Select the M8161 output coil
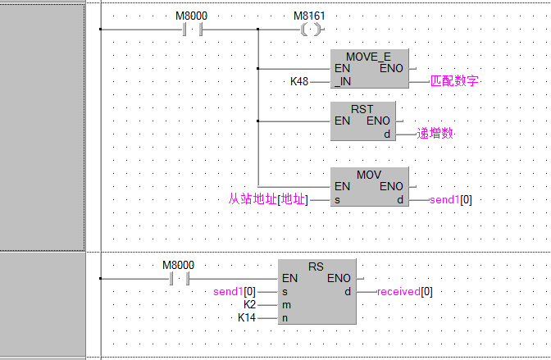[309, 30]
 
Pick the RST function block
[362, 121]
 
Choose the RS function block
[316, 291]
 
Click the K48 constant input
[300, 82]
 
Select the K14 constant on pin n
[247, 317]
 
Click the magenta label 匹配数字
[453, 82]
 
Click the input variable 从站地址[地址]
[267, 199]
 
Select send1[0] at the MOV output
[450, 199]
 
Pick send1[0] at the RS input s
[235, 291]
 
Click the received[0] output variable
[404, 291]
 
